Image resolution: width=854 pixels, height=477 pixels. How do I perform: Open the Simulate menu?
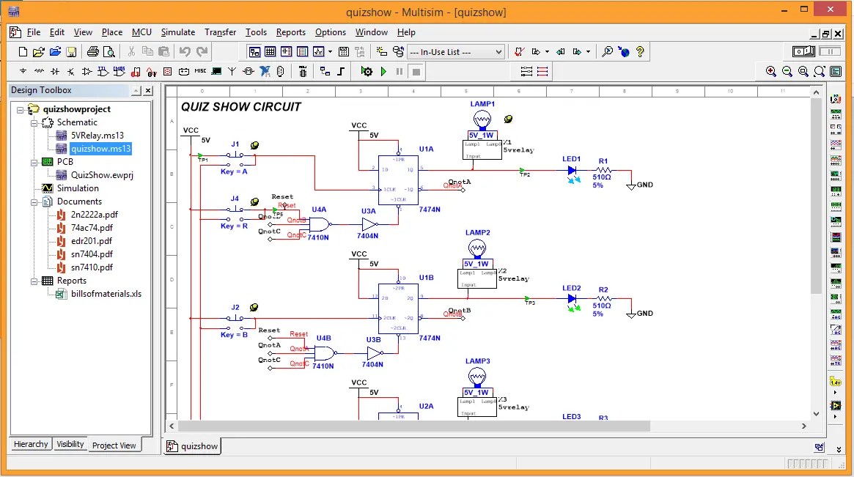[177, 32]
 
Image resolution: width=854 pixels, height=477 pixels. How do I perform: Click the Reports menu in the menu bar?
[290, 32]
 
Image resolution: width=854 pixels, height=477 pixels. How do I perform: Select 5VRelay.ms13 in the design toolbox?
[97, 136]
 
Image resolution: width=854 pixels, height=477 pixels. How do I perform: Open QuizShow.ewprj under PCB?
[102, 175]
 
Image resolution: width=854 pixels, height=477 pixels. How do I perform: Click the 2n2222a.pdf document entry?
[94, 215]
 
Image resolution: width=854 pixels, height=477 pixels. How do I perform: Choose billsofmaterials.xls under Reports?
[106, 294]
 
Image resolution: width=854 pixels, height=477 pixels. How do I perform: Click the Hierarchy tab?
[31, 444]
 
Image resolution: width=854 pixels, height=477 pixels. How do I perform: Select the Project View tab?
[114, 445]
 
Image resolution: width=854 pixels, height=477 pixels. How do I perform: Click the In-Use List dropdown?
[455, 52]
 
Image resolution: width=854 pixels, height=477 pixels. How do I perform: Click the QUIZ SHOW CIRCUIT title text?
[241, 106]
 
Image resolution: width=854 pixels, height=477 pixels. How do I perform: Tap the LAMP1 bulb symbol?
[482, 119]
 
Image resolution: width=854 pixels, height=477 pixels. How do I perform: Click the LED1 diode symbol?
[573, 171]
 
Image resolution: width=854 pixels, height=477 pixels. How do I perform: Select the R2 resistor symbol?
[603, 299]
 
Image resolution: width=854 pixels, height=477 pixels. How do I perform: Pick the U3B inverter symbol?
[374, 353]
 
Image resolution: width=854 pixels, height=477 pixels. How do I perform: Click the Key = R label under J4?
[234, 226]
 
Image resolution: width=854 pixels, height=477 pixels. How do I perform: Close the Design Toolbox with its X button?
[147, 90]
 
